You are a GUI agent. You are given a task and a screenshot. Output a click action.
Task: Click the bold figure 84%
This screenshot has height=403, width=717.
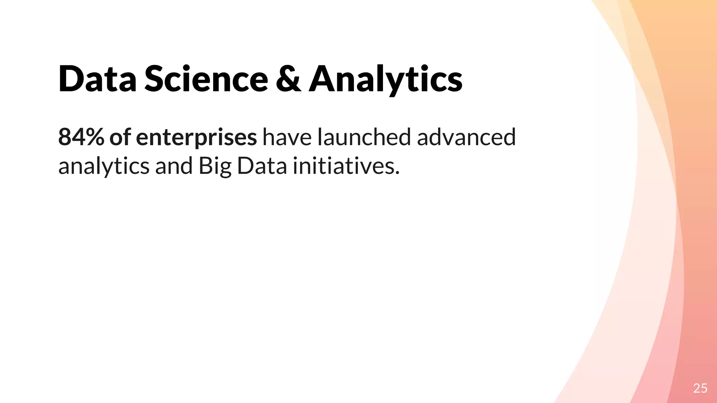(x=81, y=137)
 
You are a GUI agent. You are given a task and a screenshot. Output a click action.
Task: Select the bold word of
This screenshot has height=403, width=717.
(x=120, y=137)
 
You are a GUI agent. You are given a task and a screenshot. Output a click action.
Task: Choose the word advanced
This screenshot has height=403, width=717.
(x=466, y=137)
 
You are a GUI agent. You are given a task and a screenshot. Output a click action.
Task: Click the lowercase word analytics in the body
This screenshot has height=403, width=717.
(x=104, y=167)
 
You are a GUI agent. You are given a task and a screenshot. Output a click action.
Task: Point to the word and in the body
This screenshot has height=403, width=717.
(x=174, y=166)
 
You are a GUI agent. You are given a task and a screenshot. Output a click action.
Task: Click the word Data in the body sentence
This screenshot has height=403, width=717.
(x=262, y=166)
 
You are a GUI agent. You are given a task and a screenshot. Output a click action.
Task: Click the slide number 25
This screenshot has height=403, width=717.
(x=700, y=388)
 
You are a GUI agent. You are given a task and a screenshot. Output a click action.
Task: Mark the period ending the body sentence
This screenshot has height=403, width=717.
(x=397, y=173)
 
